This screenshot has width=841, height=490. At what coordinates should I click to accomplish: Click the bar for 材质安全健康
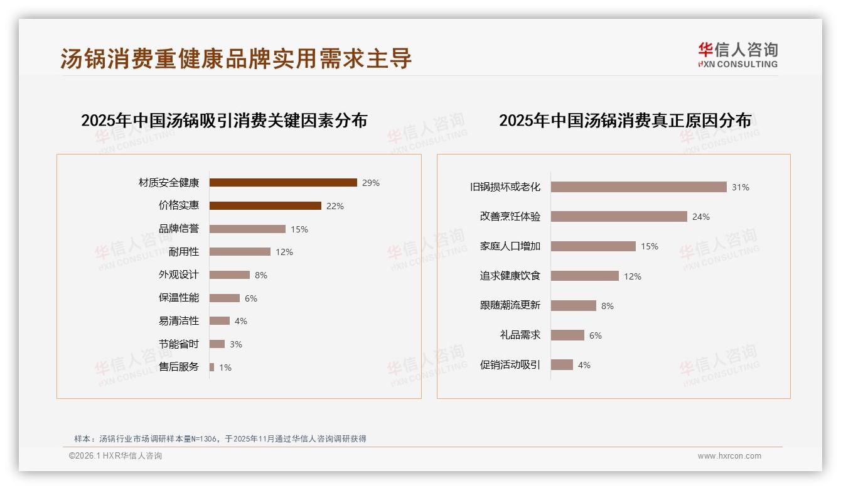click(283, 183)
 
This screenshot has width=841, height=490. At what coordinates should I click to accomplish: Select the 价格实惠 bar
click(265, 206)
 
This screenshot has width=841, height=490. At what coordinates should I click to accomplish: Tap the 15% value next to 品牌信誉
click(299, 229)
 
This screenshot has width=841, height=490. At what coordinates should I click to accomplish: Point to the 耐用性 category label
click(184, 252)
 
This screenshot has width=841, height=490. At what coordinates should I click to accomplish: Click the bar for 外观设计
click(230, 275)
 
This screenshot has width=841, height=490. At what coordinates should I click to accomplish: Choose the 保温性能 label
click(179, 298)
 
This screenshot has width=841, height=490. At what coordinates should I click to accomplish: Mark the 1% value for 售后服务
click(225, 367)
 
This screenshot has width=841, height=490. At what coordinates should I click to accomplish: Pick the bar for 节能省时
click(217, 344)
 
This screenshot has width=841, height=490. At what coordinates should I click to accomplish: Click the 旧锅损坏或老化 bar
click(638, 187)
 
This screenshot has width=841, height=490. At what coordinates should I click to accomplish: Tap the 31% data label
click(741, 187)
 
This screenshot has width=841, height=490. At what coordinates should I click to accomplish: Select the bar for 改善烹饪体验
click(619, 217)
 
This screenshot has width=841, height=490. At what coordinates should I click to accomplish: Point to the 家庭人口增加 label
click(510, 246)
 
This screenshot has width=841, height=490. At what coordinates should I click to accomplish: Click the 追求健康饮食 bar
click(585, 276)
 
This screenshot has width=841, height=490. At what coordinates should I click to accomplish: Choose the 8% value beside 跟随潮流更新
click(608, 306)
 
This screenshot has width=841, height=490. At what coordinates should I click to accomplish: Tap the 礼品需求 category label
click(520, 335)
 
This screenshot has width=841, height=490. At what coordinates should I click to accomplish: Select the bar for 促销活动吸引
click(562, 365)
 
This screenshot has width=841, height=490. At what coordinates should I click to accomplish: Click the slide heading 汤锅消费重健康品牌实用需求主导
click(236, 58)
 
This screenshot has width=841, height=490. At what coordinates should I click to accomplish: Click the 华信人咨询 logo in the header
click(737, 55)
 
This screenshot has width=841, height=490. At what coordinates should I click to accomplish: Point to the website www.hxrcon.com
click(729, 456)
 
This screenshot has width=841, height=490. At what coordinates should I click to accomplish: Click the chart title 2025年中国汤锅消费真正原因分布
click(625, 121)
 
